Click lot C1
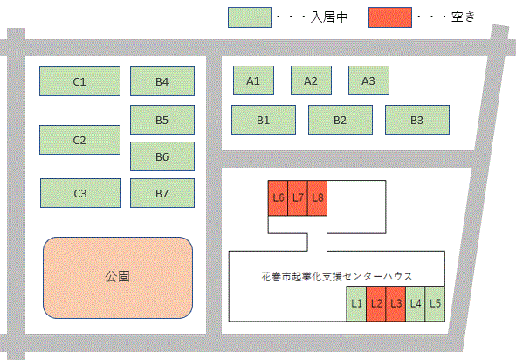[x=79, y=81]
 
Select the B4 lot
[x=162, y=81]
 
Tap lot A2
[x=311, y=80]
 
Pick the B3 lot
[x=417, y=120]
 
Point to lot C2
[x=79, y=140]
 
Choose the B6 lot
[x=162, y=156]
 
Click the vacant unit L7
[x=298, y=198]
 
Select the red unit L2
[x=375, y=304]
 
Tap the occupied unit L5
[x=435, y=304]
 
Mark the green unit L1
[x=356, y=304]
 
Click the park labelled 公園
[x=118, y=278]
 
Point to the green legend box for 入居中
[x=250, y=17]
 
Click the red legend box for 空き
[x=390, y=17]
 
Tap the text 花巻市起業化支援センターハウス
[x=337, y=276]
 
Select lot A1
[x=253, y=80]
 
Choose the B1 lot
[x=264, y=120]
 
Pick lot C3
[x=80, y=193]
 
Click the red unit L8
[x=317, y=198]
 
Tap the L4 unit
[x=416, y=304]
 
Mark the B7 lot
[x=162, y=193]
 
